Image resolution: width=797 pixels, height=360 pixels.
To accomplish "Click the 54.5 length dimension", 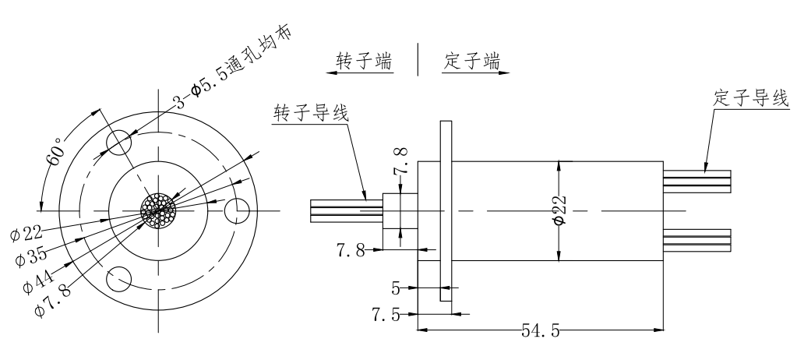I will click(539, 330).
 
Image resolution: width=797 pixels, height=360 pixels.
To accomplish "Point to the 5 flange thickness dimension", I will click(396, 289).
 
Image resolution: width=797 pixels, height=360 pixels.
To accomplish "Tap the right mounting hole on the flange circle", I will click(236, 210).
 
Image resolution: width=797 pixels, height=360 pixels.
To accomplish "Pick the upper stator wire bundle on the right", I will click(696, 182).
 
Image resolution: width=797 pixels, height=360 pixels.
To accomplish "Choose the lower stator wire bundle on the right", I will click(696, 239).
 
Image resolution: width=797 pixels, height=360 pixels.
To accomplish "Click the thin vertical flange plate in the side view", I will click(445, 210).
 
